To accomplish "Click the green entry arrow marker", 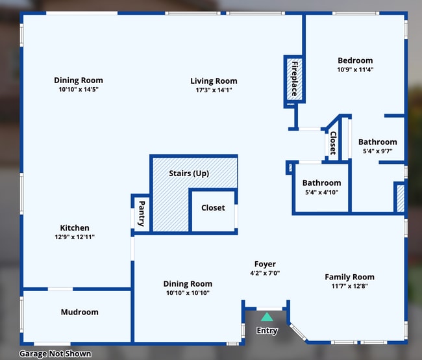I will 267,317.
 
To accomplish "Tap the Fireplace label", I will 294,79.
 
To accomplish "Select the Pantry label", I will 141,213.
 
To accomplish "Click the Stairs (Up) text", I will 189,174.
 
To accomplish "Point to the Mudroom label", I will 79,312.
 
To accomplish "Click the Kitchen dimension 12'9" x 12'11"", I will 75,238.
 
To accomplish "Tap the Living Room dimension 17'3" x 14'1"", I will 214,90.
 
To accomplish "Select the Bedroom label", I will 355,60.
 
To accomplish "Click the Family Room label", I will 349,277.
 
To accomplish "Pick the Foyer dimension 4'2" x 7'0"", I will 265,274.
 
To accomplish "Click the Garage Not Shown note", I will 55,354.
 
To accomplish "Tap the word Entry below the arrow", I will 267,331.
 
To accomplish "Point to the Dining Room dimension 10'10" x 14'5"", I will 78,90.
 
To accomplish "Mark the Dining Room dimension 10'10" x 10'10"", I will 188,293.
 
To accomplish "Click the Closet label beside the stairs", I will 213,208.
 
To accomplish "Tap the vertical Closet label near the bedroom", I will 333,142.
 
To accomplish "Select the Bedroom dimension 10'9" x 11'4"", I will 355,70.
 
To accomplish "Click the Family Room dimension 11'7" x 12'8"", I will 349,286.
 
